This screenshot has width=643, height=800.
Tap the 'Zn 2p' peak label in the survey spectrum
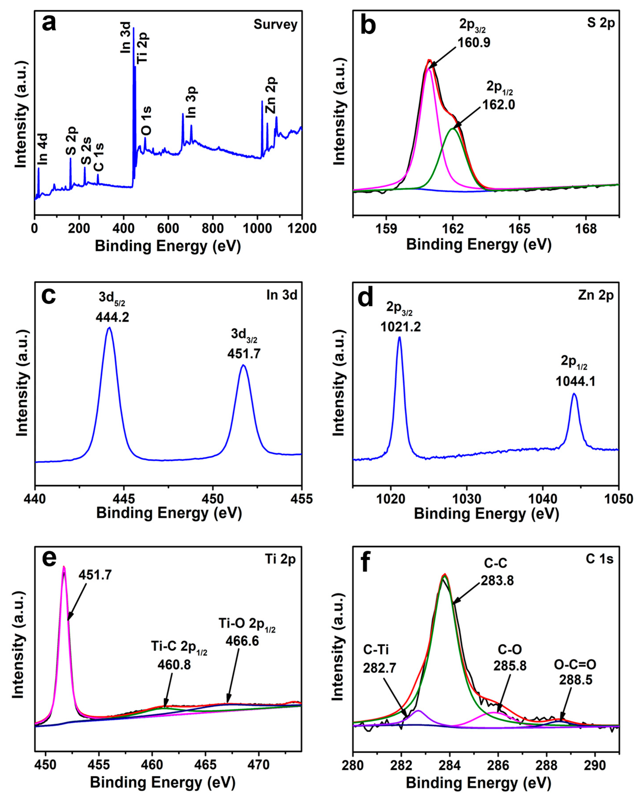(271, 95)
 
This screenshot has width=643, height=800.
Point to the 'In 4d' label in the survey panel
(43, 149)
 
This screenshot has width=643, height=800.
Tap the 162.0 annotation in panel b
(498, 105)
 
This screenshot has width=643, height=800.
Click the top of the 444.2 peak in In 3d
(109, 328)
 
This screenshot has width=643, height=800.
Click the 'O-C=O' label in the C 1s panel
(575, 664)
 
